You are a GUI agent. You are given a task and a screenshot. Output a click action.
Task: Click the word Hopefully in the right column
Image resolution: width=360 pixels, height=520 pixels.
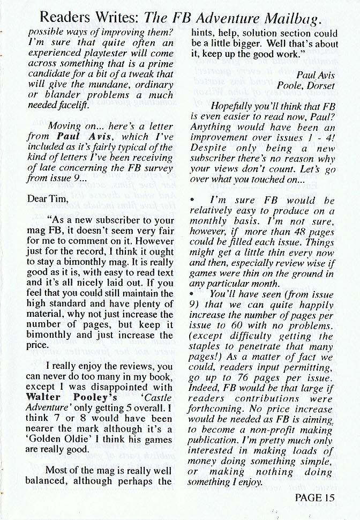233,107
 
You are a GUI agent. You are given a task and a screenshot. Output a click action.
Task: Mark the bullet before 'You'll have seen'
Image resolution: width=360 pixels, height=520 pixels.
192,294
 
